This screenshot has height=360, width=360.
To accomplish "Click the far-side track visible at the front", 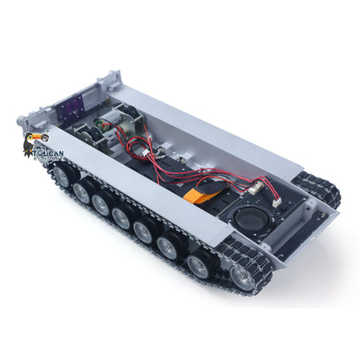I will point(311,190).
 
